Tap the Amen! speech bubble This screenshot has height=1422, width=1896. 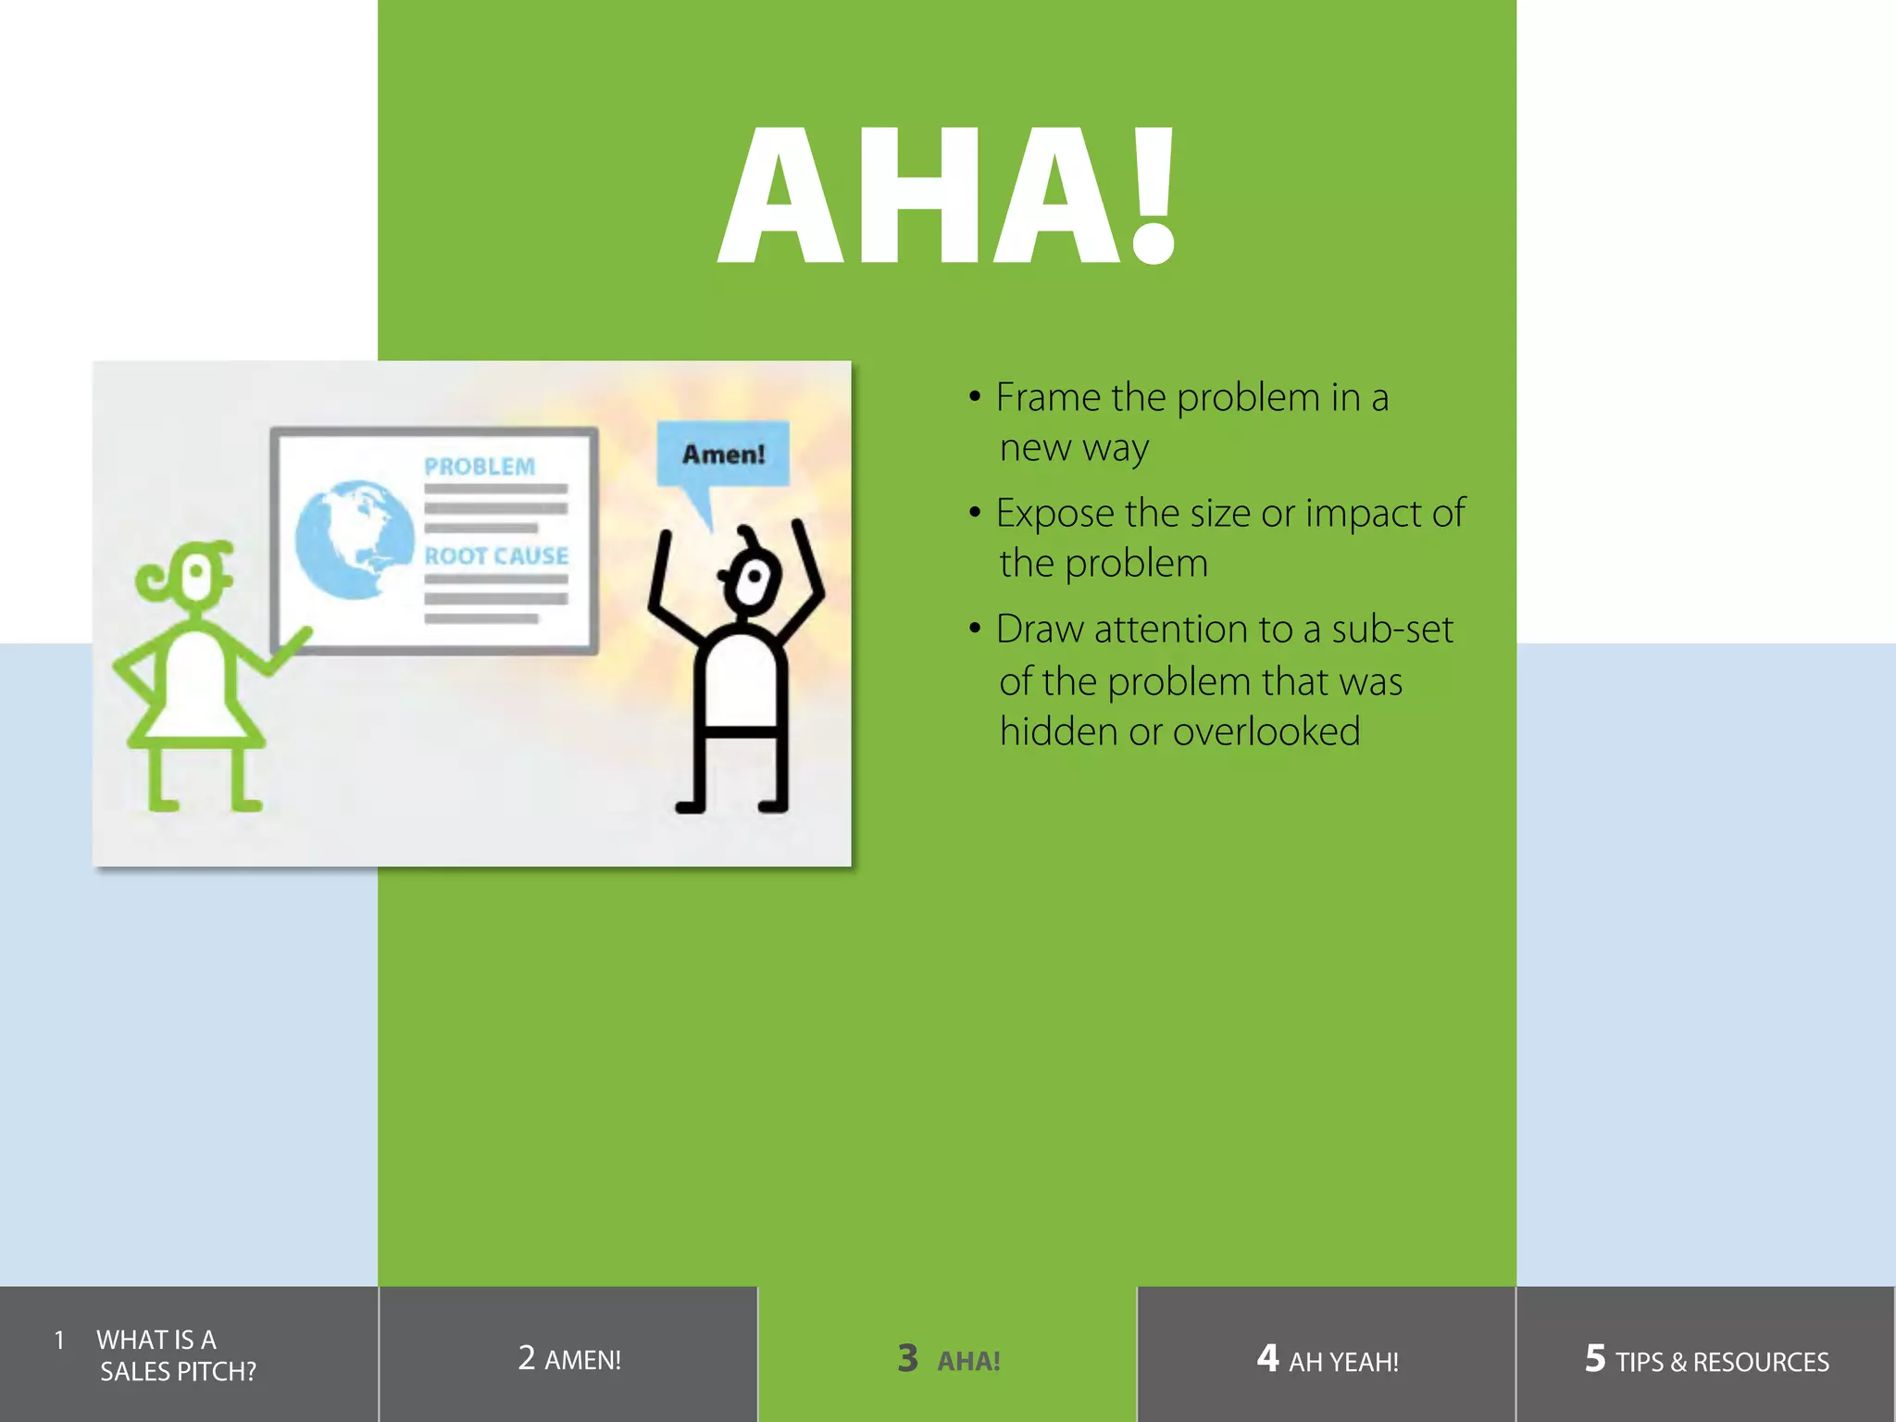(x=723, y=454)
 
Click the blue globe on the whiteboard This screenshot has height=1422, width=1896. (x=353, y=539)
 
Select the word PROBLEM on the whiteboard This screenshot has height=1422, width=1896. (x=480, y=467)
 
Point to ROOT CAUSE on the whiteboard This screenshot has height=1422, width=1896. (x=496, y=555)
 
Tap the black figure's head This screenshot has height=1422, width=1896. (x=752, y=580)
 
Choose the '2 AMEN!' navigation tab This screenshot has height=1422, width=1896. (x=568, y=1358)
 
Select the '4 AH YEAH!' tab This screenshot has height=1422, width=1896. (x=1327, y=1359)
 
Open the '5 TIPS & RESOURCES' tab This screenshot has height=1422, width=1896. (x=1706, y=1359)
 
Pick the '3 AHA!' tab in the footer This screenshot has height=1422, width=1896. (x=948, y=1359)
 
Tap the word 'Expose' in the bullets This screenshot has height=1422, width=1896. (x=1054, y=514)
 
